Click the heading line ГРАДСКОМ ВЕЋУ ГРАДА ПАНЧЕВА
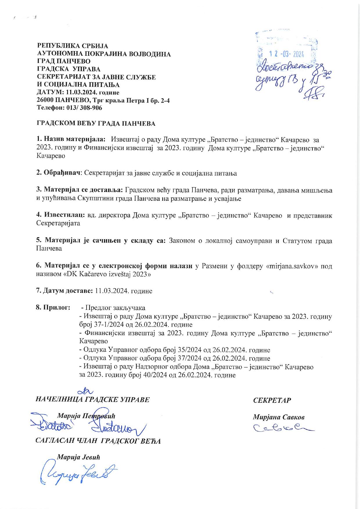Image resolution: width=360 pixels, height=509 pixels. [x=96, y=123]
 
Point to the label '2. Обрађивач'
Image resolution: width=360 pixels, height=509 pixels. [x=58, y=173]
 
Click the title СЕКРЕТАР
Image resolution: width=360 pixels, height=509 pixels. [x=272, y=400]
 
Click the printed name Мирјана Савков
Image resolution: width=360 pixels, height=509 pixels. [x=279, y=417]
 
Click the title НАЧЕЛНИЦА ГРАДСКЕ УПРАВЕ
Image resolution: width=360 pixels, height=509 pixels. [x=92, y=399]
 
